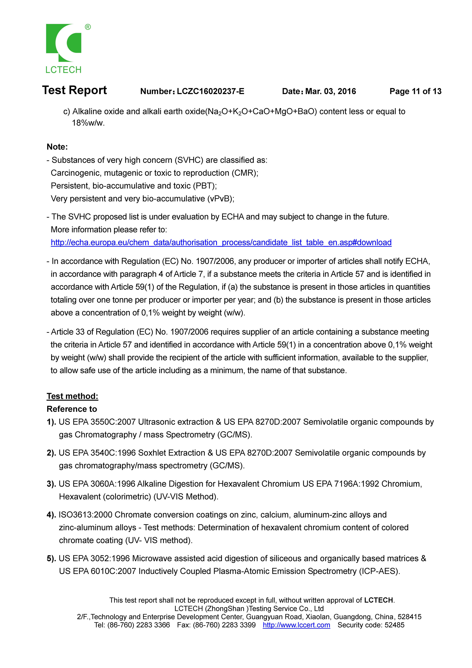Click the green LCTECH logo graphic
pos(64,43)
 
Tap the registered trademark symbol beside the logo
pos(88,27)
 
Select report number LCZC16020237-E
pos(211,91)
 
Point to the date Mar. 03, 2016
pos(330,91)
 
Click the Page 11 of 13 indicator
pos(415,91)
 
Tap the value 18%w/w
pos(88,123)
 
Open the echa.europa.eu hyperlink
pos(221,242)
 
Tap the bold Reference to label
pos(72,409)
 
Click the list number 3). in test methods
pos(51,484)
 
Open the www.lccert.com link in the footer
pos(296,625)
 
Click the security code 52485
pos(394,625)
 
